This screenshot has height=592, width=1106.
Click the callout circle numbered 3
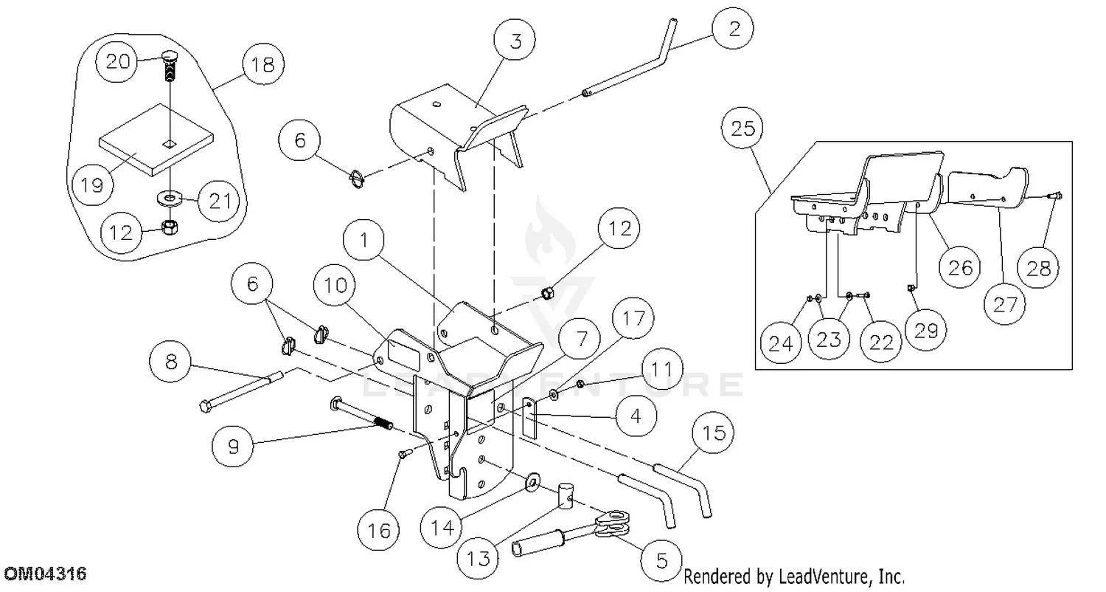[x=515, y=41]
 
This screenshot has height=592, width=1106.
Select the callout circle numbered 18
[x=262, y=64]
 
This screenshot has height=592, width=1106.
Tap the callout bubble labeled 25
[x=743, y=130]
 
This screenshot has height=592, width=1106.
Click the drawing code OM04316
[x=45, y=574]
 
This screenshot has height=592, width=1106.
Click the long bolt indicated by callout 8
[x=243, y=389]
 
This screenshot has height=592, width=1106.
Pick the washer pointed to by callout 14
[x=531, y=483]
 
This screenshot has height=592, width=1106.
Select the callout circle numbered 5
[x=661, y=560]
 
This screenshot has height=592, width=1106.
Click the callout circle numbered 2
[x=732, y=30]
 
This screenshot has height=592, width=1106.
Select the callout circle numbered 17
[x=633, y=319]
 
